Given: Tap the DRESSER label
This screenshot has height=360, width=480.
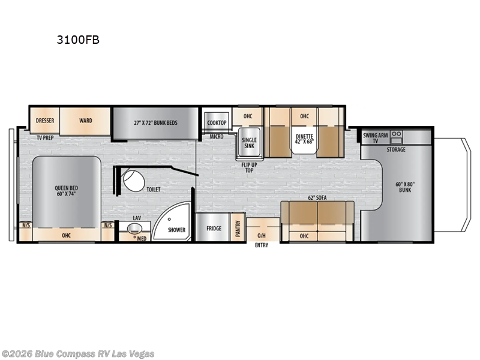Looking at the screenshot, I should coord(45,121).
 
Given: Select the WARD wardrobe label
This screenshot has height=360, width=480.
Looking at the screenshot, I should coord(86,121).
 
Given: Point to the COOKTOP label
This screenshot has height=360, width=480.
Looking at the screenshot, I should coord(217,123).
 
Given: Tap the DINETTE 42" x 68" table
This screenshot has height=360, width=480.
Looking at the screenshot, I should coord(304,139).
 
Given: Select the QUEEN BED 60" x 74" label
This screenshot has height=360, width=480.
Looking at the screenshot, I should coord(66,191).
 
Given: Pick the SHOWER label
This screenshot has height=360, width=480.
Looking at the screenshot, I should coord(176,230).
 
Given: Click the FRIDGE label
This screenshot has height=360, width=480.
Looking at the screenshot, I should coord(214,229).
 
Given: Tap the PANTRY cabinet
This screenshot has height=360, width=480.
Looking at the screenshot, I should coord(238,227).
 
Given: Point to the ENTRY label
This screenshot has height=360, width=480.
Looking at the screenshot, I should coord(262,245).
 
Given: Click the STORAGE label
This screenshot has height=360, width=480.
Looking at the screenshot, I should coord(396,149).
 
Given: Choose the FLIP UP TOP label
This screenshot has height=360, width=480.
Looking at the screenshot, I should coord(249,166).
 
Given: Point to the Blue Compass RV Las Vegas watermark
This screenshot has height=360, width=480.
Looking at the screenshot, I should coord(78,353).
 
